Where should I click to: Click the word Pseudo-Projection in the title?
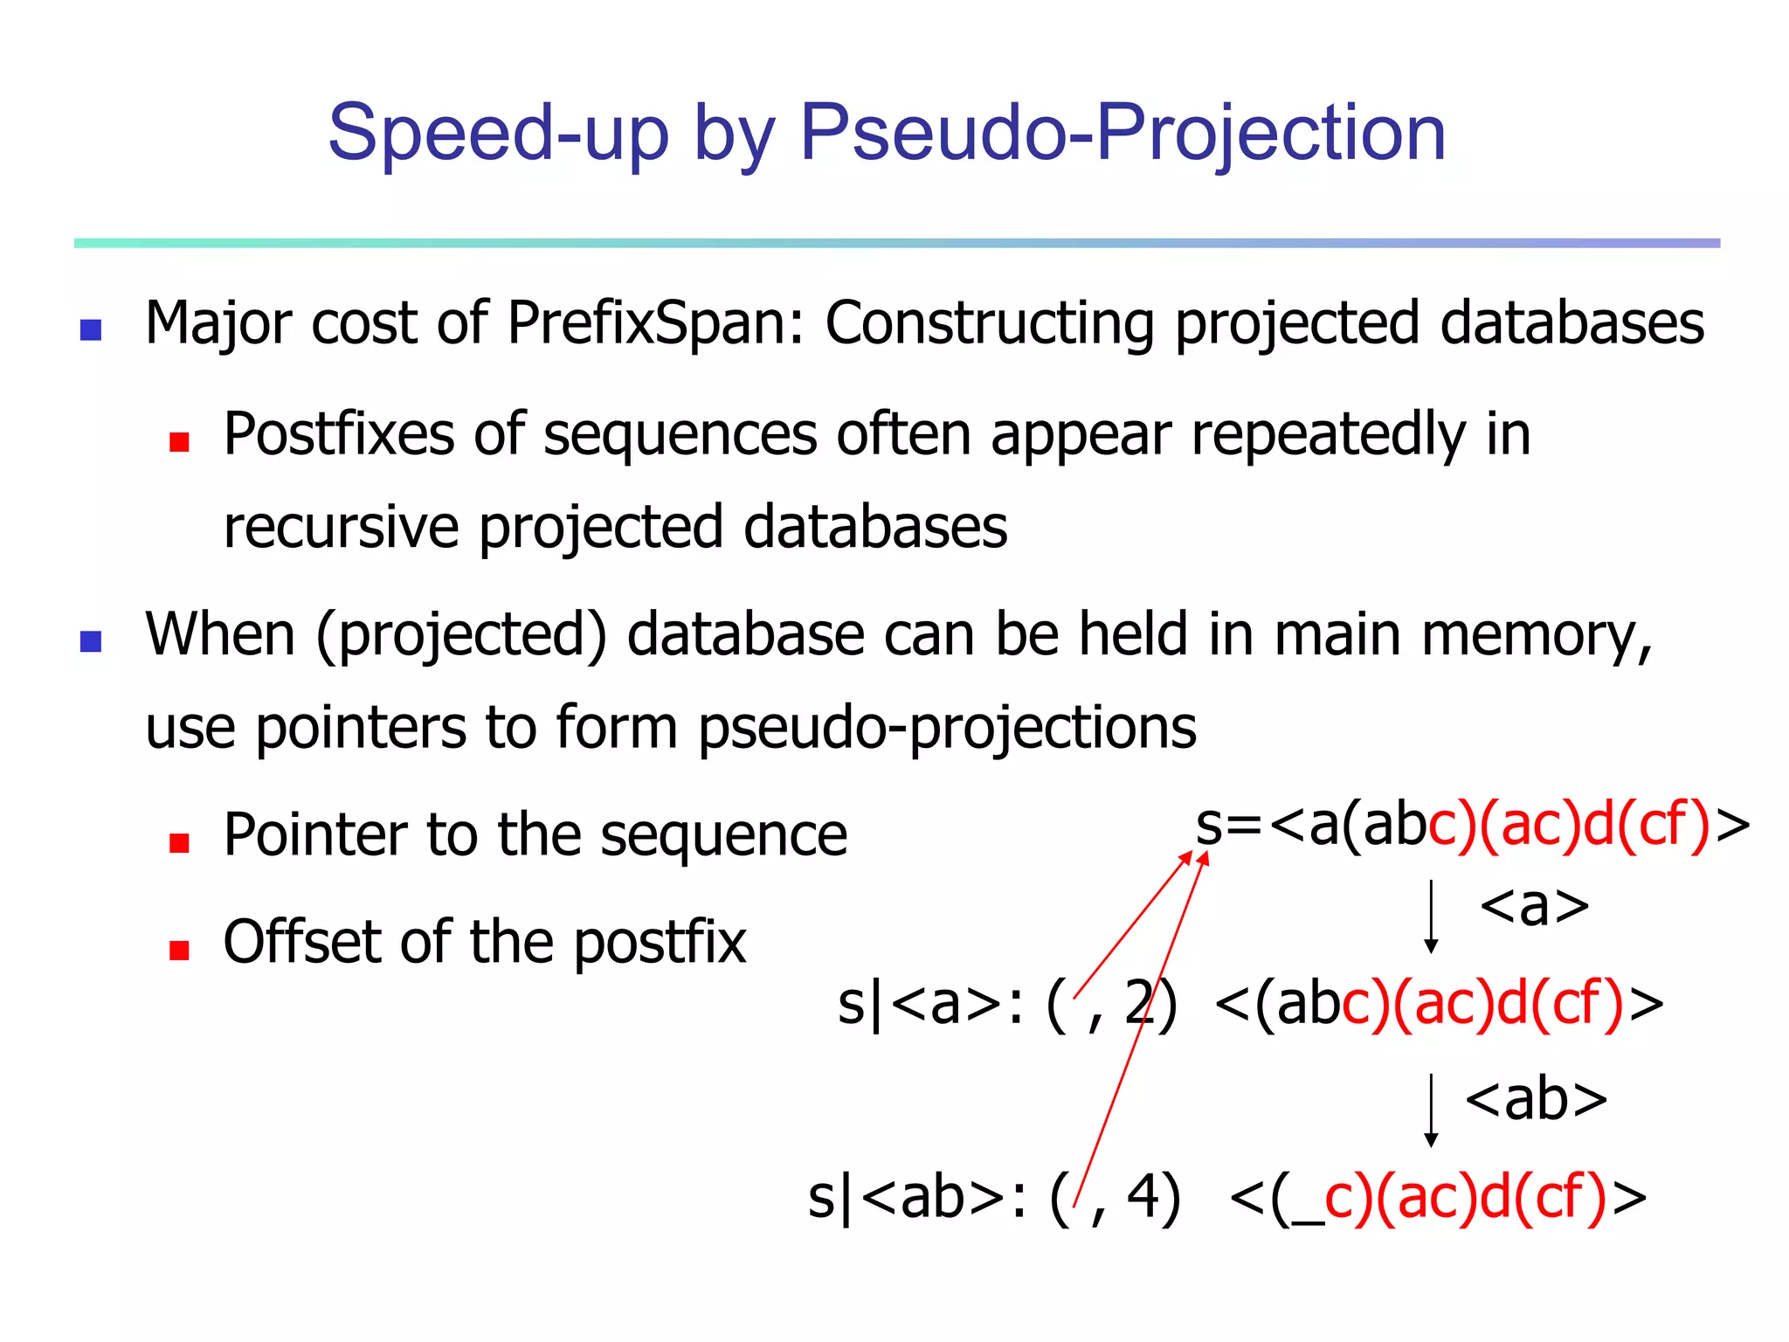[1122, 133]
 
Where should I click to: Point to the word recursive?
[341, 528]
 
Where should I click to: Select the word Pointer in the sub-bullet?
[314, 834]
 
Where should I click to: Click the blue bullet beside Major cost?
[91, 329]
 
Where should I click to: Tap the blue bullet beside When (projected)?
[91, 641]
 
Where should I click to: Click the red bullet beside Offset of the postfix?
[179, 950]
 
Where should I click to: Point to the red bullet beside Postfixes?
[179, 442]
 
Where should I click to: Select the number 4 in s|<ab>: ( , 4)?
[1143, 1197]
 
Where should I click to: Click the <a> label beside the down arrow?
[1534, 907]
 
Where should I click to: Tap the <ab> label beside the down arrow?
[1536, 1099]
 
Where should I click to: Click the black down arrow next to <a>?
[1431, 916]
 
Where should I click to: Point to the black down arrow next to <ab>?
[1431, 1110]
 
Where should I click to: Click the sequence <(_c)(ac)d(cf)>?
[1437, 1197]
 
